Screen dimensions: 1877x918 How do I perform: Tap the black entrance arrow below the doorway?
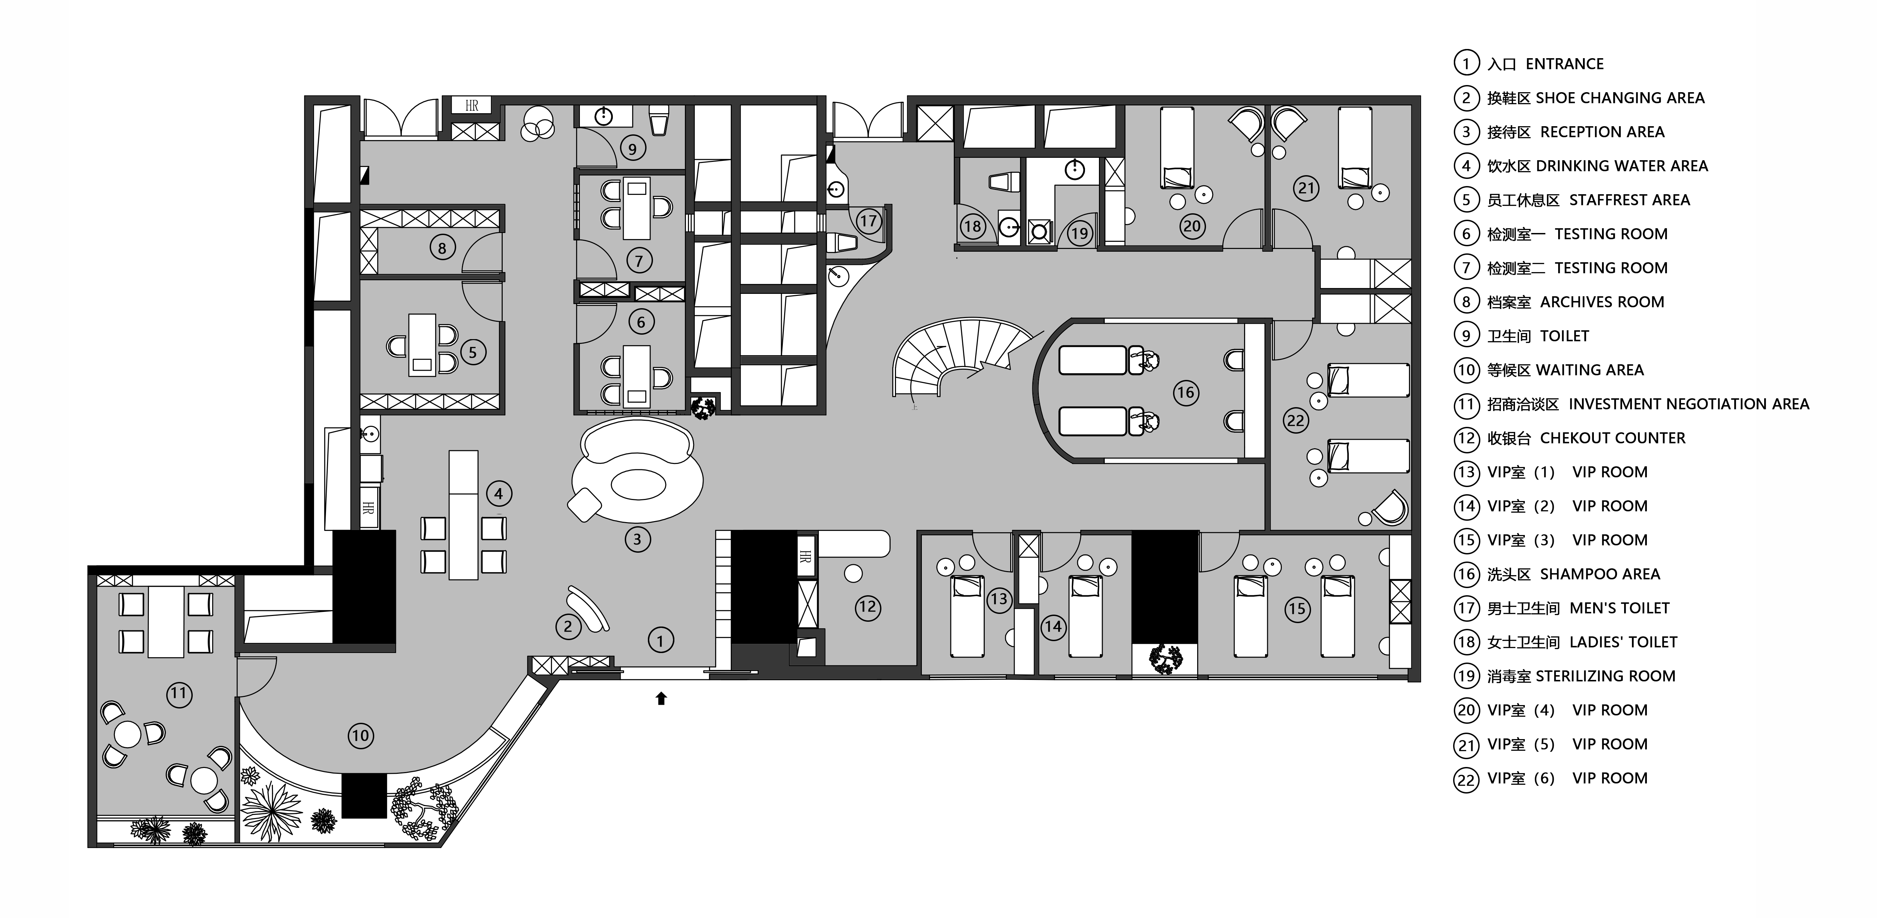coord(661,699)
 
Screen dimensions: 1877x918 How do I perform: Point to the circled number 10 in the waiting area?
coord(361,736)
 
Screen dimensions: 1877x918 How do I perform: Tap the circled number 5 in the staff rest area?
coord(473,352)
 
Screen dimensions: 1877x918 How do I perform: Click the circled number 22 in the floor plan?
coord(1295,421)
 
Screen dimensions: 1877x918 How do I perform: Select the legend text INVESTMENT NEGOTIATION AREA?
coord(1689,404)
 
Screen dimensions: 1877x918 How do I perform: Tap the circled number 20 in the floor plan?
coord(1192,226)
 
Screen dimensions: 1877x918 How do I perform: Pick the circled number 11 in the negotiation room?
coord(179,694)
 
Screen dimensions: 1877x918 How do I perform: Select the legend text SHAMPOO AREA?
coord(1600,574)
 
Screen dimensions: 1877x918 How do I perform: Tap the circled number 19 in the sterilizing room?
coord(1079,233)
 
